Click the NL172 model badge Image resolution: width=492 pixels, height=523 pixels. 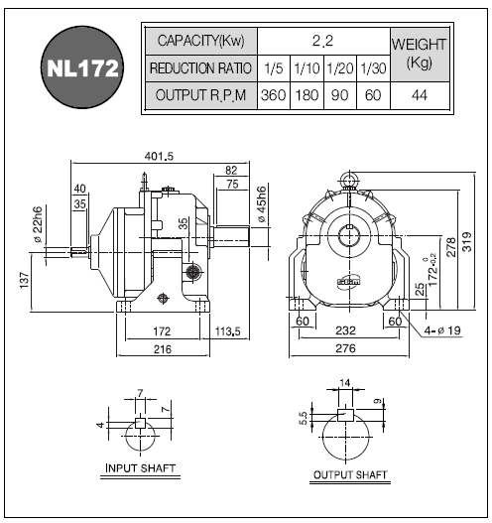[82, 67]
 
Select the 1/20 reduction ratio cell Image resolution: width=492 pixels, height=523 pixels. [340, 68]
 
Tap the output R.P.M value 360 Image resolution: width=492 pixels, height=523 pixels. [274, 95]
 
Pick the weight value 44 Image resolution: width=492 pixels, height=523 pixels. [420, 95]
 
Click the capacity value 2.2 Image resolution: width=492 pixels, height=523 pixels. [322, 41]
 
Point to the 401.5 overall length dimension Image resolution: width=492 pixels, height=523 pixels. [159, 156]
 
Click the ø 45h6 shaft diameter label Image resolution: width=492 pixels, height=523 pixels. [262, 204]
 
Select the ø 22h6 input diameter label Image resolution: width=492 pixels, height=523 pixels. [37, 224]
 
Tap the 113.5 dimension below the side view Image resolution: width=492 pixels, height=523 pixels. [228, 331]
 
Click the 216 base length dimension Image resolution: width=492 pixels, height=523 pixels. [163, 349]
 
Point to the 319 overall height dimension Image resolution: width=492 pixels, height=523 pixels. [467, 241]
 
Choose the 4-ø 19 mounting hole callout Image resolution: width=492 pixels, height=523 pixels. [442, 330]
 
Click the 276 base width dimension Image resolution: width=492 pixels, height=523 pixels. [345, 348]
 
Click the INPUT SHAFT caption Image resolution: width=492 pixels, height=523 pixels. [140, 468]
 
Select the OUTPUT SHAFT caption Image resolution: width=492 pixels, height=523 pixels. [350, 474]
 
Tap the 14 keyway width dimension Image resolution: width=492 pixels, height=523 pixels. [345, 383]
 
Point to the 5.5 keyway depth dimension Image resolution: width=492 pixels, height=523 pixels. [304, 418]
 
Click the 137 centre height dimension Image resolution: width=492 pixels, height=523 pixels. [25, 280]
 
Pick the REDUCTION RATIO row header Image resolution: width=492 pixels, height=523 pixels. [200, 68]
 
